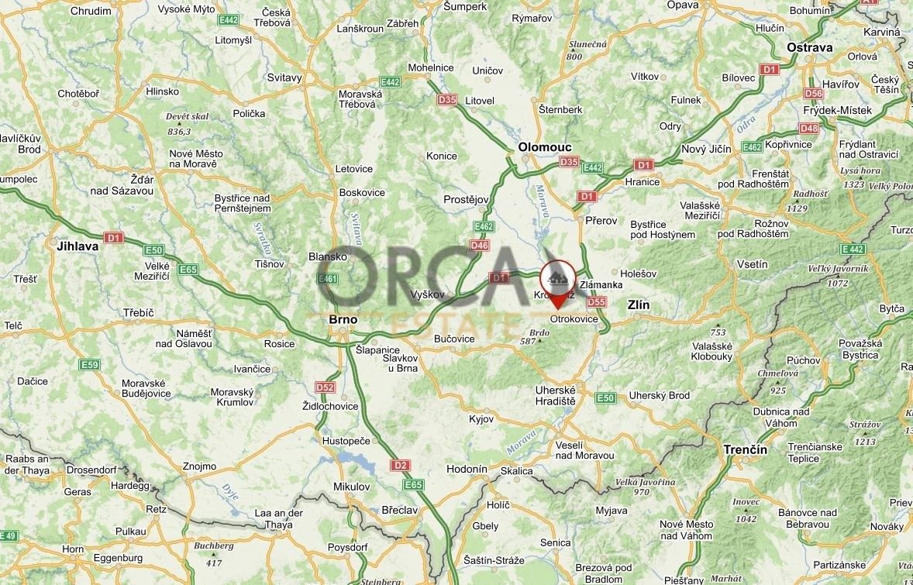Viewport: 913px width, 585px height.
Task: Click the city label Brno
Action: click(x=343, y=318)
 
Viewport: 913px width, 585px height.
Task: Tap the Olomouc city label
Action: click(x=545, y=146)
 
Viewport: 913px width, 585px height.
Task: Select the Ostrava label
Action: click(x=809, y=47)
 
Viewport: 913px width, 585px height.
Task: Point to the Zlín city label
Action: click(x=638, y=305)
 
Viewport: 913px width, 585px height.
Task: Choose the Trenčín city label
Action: click(x=745, y=449)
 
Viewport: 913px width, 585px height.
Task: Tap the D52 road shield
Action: click(x=325, y=387)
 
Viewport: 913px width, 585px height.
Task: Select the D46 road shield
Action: click(x=479, y=246)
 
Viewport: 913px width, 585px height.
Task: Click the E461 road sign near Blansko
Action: click(x=328, y=279)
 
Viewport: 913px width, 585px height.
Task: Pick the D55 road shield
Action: click(x=596, y=302)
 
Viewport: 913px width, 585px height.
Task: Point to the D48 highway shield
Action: click(x=808, y=128)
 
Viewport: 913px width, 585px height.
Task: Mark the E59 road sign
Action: click(x=90, y=364)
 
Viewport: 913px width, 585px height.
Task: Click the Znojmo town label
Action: click(x=200, y=466)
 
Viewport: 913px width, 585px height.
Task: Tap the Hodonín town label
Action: click(x=467, y=469)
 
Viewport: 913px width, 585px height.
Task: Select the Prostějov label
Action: click(x=466, y=199)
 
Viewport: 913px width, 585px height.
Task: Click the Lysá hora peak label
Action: click(x=858, y=171)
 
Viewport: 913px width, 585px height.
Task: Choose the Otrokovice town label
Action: click(x=574, y=319)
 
